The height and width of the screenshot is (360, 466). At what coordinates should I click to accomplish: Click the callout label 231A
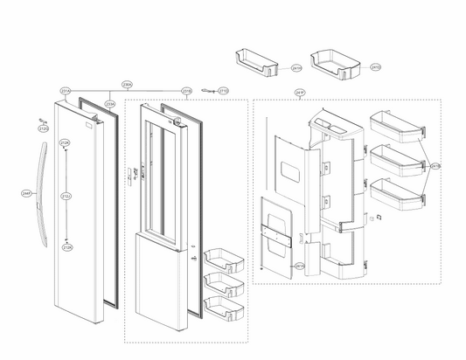(65, 91)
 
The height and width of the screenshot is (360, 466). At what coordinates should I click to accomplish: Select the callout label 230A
(127, 85)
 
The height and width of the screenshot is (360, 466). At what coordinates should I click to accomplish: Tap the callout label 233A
(109, 103)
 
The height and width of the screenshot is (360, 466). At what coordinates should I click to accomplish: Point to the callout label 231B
(186, 91)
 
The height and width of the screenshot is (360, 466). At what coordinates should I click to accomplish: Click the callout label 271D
(223, 91)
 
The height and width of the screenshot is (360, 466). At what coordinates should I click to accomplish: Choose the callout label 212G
(43, 129)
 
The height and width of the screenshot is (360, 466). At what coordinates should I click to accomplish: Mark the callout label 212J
(66, 197)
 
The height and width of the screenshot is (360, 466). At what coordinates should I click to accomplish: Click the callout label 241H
(296, 67)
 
